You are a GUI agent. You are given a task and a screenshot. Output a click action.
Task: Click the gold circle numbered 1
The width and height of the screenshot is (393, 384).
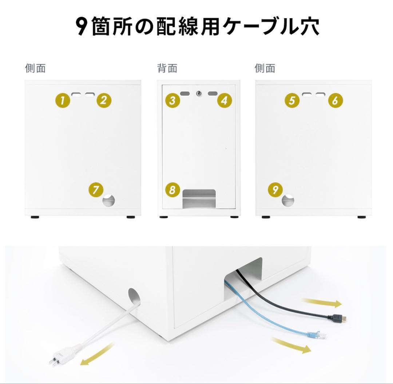[x=63, y=100]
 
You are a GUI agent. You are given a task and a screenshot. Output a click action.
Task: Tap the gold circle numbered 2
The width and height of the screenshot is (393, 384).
[x=104, y=100]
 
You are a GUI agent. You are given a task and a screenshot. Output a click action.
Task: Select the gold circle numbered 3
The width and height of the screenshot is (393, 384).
[x=172, y=100]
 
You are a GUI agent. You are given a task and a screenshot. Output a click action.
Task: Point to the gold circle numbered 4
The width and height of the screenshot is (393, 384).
[x=225, y=100]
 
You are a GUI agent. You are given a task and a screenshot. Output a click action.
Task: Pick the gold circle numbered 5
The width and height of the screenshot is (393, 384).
[x=292, y=100]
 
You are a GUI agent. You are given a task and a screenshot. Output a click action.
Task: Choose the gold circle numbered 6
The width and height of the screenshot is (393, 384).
[x=335, y=100]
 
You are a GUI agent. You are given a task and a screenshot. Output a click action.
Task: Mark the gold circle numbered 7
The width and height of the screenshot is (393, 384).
[x=96, y=190]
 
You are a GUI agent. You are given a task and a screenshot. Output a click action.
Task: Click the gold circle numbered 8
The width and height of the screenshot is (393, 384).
[x=172, y=190]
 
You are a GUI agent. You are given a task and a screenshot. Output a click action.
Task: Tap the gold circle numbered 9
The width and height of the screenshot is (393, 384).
[x=275, y=189]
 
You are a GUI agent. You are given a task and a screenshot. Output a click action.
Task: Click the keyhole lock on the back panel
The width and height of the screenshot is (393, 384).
[x=199, y=94]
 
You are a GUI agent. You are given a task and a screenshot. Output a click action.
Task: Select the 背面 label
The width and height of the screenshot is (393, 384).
[x=167, y=68]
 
